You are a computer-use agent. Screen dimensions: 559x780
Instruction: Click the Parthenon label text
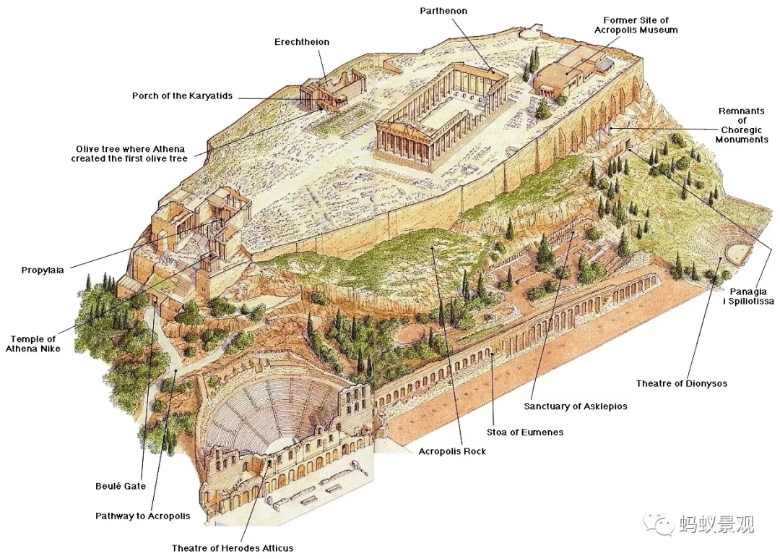pos(443,11)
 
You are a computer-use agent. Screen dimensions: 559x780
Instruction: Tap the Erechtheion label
pos(302,42)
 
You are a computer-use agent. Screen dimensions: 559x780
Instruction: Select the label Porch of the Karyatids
pos(183,96)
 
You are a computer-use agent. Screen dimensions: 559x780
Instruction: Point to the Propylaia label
pos(43,270)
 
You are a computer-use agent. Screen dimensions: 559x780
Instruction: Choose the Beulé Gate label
pos(121,486)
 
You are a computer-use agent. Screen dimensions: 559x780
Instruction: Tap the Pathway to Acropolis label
pos(143,516)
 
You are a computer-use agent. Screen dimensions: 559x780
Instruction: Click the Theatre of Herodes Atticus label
pos(233,548)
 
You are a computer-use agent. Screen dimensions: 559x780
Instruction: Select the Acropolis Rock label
pos(452,451)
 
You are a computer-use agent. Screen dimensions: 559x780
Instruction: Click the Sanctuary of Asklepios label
pos(576,406)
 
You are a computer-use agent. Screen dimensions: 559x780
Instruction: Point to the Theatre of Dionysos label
pos(681,383)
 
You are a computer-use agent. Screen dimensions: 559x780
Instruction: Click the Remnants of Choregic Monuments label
pos(742,125)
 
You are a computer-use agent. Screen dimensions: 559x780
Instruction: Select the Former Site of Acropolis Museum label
pos(636,25)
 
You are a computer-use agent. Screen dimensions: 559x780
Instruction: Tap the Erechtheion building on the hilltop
pos(326,93)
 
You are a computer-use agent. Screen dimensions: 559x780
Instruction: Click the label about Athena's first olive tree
pos(129,153)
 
